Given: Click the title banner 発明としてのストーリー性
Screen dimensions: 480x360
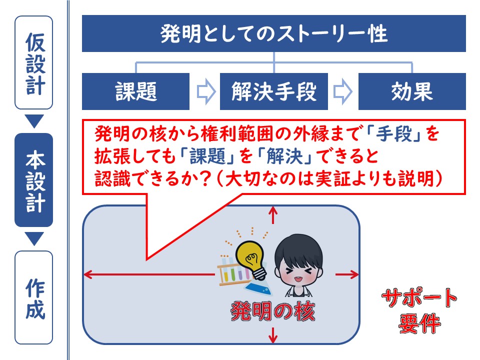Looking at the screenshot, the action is (273, 33).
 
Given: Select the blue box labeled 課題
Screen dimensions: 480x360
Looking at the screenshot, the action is (135, 91).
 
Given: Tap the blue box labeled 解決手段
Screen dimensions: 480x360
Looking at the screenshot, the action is (274, 91).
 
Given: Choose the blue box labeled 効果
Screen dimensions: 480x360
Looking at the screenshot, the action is (412, 91).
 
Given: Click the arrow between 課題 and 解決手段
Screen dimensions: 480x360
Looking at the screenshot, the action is (206, 91).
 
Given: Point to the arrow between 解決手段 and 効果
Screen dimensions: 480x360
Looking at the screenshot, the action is (343, 91).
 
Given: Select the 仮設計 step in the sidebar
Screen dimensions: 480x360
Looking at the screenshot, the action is (33, 62).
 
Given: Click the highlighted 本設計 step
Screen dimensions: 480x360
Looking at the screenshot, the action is (33, 180).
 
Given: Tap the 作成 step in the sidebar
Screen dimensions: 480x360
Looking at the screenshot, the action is (33, 297).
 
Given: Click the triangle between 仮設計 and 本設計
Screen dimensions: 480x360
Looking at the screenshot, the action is (34, 120).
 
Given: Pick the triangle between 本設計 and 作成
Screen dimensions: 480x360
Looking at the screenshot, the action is (34, 238).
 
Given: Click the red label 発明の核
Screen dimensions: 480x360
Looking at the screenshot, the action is (273, 311).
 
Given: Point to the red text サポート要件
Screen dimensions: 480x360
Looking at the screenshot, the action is (419, 310).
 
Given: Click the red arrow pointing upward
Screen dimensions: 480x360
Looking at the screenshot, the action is (273, 215).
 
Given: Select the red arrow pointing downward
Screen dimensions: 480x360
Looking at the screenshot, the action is (273, 334).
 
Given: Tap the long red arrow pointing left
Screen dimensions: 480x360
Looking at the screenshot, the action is (149, 274).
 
